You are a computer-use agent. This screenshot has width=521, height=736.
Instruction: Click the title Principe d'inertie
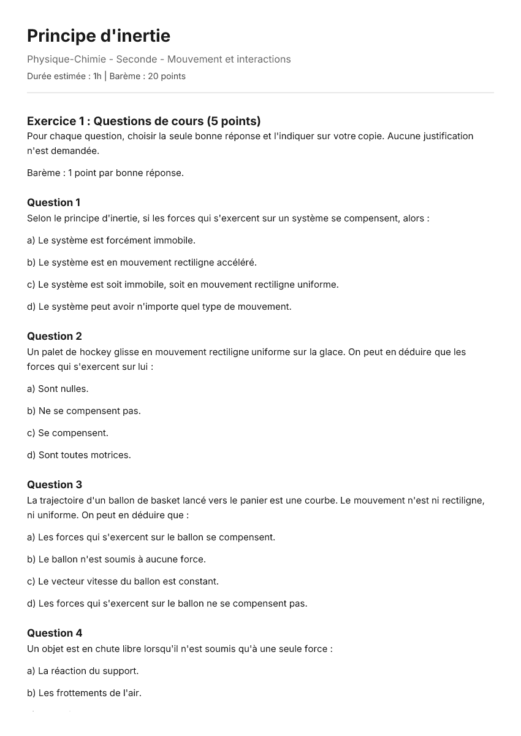point(99,36)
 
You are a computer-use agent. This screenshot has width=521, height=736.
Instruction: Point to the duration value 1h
point(97,77)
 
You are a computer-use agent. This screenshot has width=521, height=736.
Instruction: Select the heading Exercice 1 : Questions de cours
point(143,121)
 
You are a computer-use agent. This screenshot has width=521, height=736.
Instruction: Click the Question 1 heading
point(53,202)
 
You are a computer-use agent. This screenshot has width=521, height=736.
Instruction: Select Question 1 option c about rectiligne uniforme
point(183,285)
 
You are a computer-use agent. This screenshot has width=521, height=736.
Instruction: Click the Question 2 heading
point(54,336)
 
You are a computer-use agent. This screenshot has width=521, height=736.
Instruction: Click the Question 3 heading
point(54,485)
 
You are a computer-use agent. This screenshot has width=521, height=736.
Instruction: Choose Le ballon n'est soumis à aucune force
point(116,559)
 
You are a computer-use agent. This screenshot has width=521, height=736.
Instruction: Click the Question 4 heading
point(54,633)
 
